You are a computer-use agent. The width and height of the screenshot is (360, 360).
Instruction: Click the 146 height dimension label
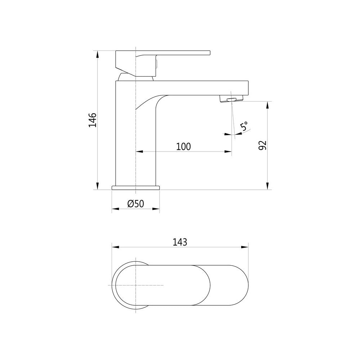[93, 120]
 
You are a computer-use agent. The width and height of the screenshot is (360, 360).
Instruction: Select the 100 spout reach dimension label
[183, 147]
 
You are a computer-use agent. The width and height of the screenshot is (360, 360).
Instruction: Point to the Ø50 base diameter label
[136, 204]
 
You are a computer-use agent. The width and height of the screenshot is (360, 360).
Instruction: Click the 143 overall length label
[180, 242]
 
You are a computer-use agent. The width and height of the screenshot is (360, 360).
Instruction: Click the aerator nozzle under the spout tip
[230, 99]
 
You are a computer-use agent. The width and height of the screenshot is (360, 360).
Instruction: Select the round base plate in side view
[136, 188]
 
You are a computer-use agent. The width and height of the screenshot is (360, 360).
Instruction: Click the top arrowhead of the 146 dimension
[97, 53]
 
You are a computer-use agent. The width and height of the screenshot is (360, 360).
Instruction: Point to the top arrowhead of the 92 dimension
[267, 105]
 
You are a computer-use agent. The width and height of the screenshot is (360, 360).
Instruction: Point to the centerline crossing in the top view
[135, 285]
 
